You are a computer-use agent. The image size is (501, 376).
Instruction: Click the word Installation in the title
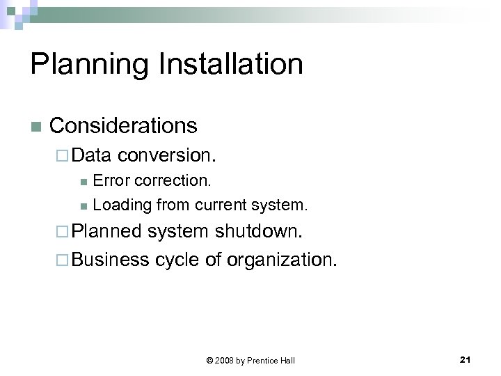coord(231,65)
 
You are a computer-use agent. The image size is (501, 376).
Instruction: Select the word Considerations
coord(124,126)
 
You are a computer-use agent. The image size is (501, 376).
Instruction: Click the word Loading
coord(122,205)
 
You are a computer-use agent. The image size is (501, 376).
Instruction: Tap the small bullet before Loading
coord(83,206)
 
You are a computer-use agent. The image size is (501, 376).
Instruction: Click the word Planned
coord(106,230)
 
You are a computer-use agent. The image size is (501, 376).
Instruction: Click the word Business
coord(110,260)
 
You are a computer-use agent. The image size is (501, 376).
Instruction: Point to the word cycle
coord(178,260)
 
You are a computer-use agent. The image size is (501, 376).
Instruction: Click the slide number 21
coord(466,359)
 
